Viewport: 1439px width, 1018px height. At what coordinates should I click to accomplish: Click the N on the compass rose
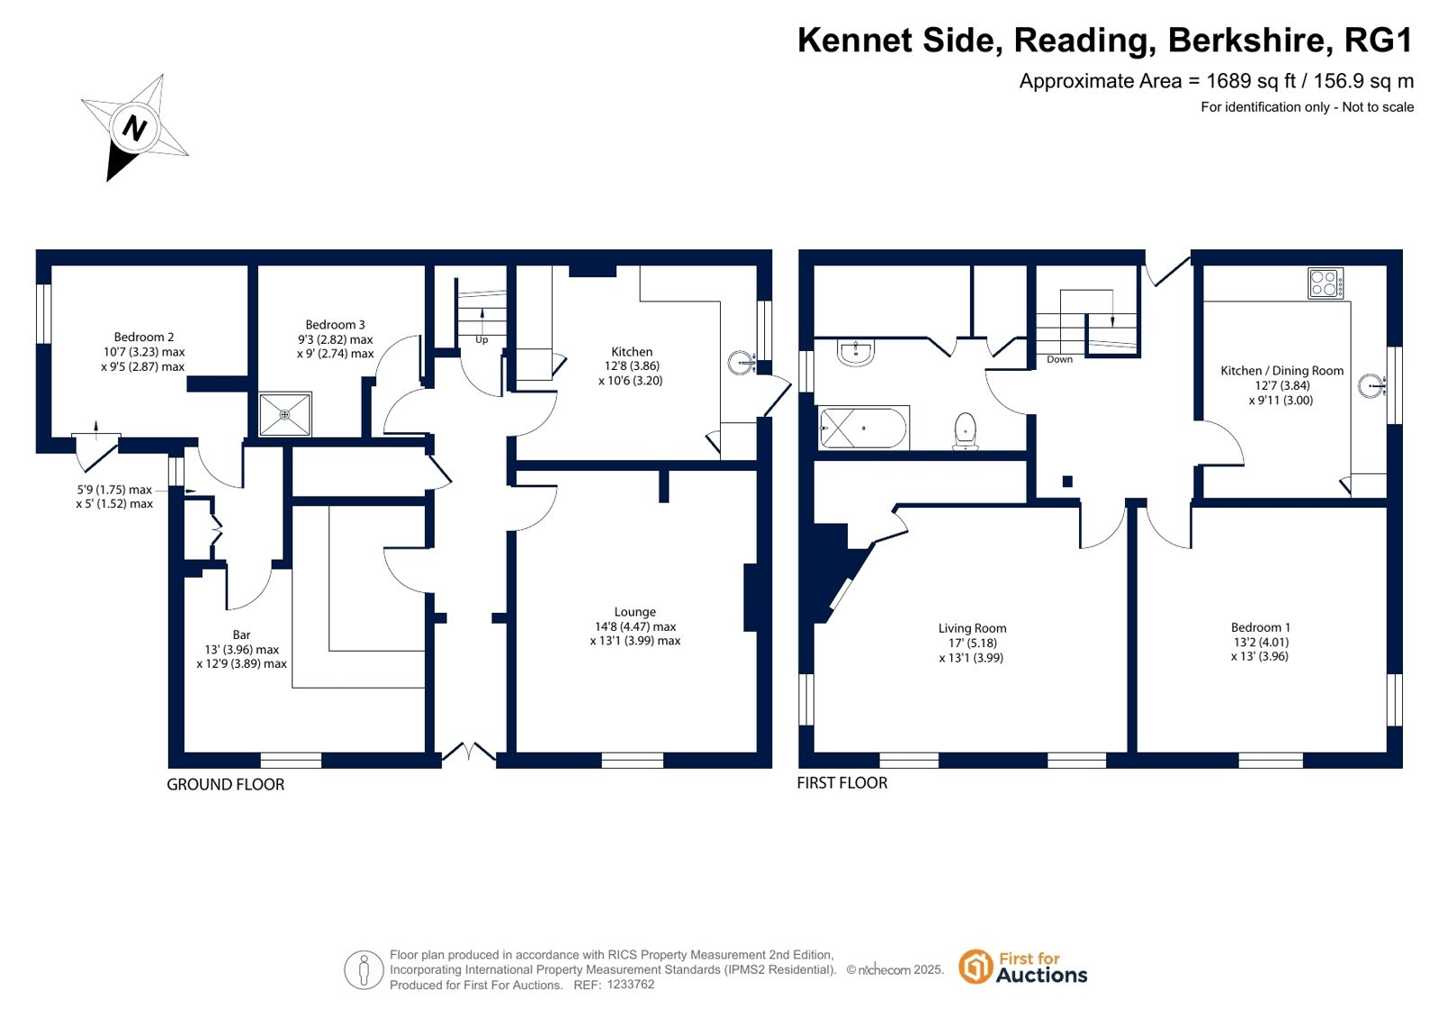[134, 128]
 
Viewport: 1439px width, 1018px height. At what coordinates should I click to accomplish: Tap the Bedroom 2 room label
[144, 337]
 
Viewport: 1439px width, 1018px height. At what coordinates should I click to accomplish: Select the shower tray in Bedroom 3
[285, 415]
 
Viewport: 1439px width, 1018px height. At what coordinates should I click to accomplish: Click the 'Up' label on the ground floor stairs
[481, 339]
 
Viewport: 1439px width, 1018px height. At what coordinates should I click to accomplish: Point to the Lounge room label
[634, 612]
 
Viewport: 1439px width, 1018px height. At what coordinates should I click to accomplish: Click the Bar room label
[241, 635]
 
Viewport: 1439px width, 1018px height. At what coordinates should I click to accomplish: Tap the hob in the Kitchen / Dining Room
[1326, 284]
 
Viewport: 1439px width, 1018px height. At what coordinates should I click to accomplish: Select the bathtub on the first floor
[863, 428]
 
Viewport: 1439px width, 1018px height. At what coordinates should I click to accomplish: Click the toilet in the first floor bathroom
[966, 430]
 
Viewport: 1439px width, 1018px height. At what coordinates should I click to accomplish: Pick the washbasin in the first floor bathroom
[856, 353]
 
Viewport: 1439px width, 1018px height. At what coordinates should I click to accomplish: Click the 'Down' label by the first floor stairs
[1059, 359]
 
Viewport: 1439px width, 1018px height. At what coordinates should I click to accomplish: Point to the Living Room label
[972, 628]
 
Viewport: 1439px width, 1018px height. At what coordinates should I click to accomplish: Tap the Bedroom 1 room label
[1261, 627]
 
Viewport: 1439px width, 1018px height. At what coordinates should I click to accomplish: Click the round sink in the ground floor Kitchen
[742, 363]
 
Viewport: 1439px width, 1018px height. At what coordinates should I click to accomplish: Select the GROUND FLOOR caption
[226, 784]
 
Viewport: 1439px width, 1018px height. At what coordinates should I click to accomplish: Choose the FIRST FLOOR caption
[842, 783]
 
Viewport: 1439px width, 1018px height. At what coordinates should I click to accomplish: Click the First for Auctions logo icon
[976, 967]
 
